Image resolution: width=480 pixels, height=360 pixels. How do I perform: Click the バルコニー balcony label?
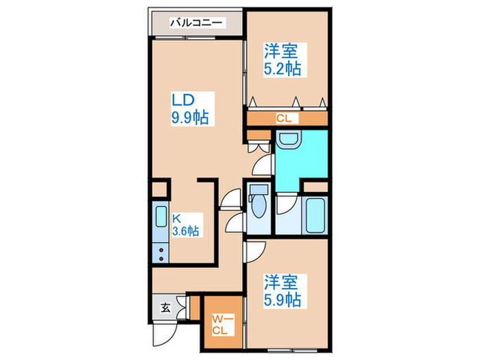coord(197,23)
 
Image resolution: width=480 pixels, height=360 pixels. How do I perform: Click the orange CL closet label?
coord(284,118)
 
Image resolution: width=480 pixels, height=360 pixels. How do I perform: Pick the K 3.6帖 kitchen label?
coord(185,226)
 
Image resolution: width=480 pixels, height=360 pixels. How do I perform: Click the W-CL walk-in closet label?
coord(221,323)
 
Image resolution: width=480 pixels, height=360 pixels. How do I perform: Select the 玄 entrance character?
coord(165,308)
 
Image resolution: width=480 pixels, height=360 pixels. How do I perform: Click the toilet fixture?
coord(259,204)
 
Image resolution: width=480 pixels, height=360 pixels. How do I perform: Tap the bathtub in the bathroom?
coord(316,216)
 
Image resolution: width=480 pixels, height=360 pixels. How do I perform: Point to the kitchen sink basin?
coord(160,217)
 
